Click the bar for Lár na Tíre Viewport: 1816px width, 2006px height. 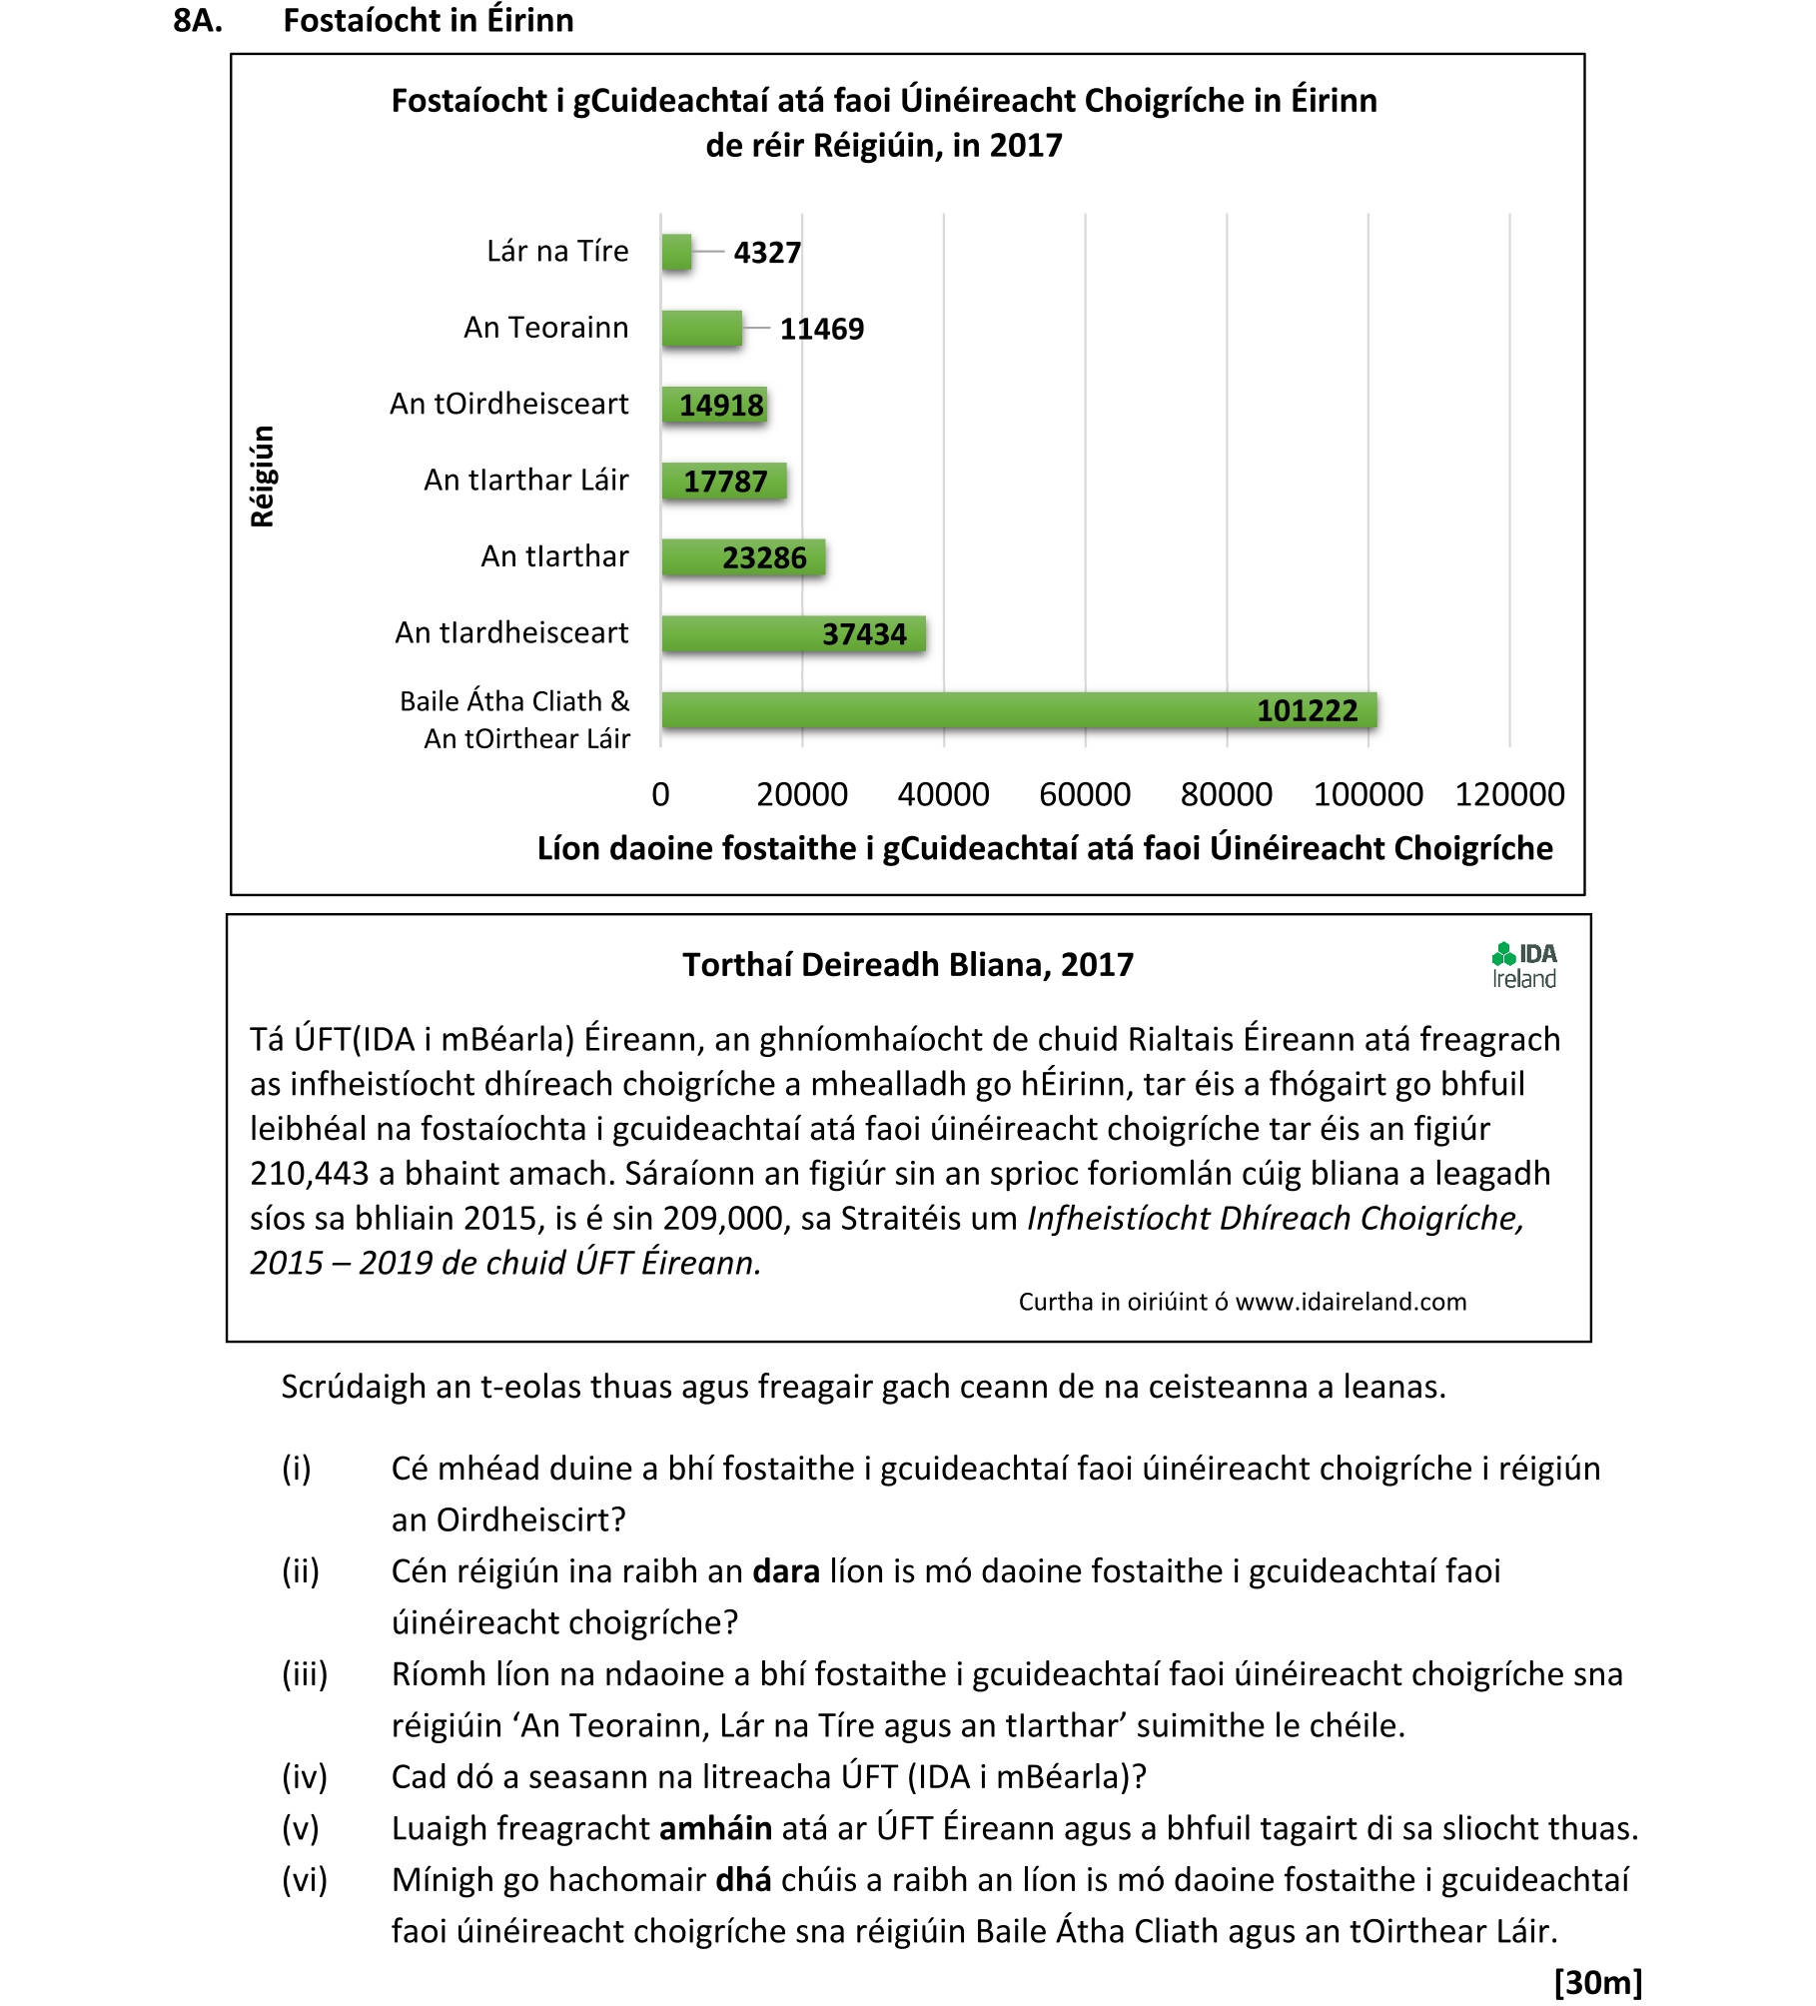(676, 252)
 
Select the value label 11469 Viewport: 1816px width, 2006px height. (821, 329)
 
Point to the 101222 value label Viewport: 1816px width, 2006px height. (1307, 711)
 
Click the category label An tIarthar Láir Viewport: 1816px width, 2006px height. (526, 481)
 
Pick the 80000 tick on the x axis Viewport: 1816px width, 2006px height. (1226, 795)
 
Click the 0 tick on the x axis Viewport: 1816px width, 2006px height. (660, 795)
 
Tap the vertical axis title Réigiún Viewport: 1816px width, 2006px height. (263, 477)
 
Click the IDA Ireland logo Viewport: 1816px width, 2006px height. (1523, 966)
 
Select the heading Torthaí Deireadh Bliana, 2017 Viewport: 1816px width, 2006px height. (907, 965)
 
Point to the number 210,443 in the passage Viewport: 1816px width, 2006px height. (309, 1174)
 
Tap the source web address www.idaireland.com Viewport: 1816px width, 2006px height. (1351, 1303)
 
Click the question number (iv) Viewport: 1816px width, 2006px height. (304, 1777)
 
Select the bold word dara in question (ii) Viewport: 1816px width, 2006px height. (786, 1571)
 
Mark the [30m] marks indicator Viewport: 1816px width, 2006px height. (1598, 1981)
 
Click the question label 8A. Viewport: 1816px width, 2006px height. (198, 21)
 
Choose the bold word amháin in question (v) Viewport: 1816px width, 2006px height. (715, 1828)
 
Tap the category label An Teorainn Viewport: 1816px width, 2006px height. (545, 328)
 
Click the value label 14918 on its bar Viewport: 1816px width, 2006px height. (721, 406)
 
